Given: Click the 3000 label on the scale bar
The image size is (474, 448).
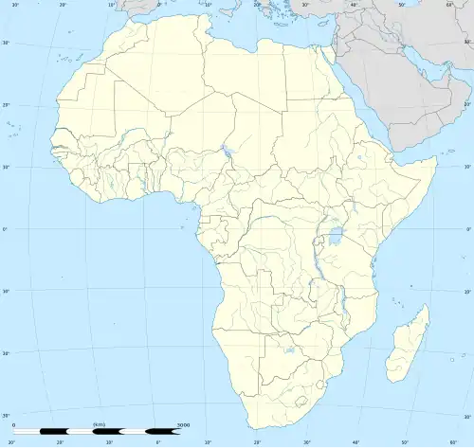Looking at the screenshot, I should tap(184, 424).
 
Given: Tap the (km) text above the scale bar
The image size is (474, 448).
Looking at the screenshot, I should tap(100, 424).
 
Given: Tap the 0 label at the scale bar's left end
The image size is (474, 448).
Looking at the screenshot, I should tap(14, 424).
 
